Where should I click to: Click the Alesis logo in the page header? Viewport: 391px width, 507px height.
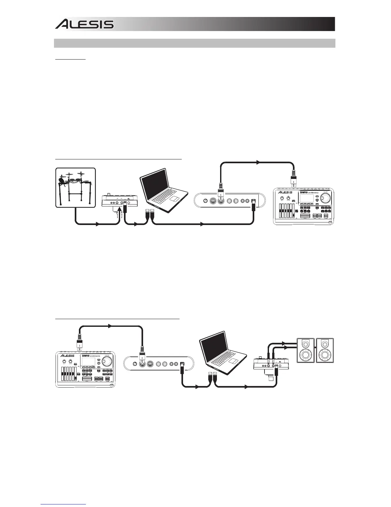[84, 24]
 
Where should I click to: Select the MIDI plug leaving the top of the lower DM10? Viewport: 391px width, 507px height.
[79, 344]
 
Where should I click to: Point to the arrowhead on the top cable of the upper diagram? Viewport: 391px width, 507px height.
[257, 163]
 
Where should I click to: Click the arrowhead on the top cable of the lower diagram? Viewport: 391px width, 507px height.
[110, 326]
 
